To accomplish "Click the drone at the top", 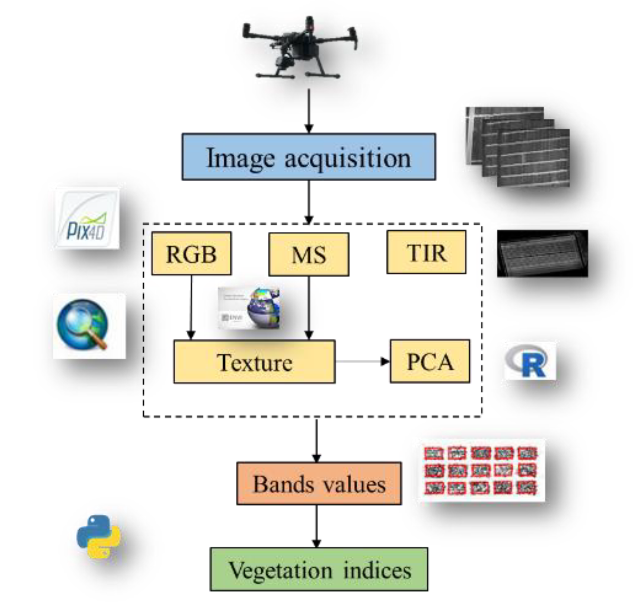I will [x=300, y=48].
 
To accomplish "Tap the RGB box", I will [x=191, y=253].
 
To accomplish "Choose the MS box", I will [x=309, y=254].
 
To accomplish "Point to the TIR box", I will [x=426, y=252].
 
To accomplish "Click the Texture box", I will [x=254, y=362].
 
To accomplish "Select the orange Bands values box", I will [x=319, y=483].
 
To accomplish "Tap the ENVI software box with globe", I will [x=249, y=308].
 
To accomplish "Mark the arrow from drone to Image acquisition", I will [x=309, y=111].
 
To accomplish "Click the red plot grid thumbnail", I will [x=481, y=471].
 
